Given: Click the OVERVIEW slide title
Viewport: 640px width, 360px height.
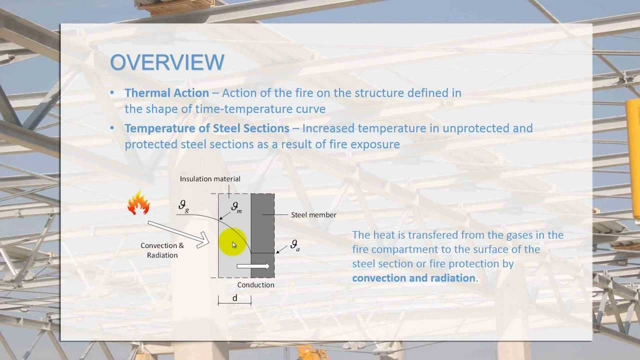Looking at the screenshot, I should (x=167, y=62).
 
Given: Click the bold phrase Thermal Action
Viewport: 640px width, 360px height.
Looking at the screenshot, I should (x=166, y=93).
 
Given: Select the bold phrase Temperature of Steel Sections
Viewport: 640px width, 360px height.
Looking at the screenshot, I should (x=206, y=128).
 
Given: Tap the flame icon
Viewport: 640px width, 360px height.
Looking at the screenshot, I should (x=138, y=203).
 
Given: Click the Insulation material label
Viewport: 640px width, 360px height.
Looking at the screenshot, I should (x=210, y=179).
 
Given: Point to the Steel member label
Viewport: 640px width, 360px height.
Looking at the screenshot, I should (x=313, y=215).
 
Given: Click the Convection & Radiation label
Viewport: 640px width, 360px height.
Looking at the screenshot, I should (x=162, y=250).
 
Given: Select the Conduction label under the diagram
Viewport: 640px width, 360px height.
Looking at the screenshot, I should (x=255, y=285).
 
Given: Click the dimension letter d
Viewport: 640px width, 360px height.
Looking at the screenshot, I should (x=234, y=298).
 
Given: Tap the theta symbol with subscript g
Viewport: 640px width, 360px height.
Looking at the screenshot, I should (x=183, y=206).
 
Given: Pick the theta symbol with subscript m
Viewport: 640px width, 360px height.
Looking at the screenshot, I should (x=236, y=207).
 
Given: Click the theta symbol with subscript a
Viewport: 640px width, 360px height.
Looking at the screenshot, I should (x=295, y=245).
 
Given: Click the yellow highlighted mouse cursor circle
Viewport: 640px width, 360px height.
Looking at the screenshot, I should (x=232, y=243).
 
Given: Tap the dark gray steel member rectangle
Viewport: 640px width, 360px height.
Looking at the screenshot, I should (x=262, y=225).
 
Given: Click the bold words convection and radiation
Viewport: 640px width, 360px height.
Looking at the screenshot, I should (x=414, y=278).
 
